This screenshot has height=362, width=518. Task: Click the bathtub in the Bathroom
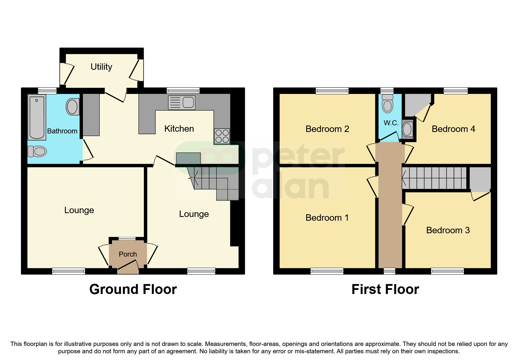click(37, 117)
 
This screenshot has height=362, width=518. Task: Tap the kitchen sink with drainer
click(182, 102)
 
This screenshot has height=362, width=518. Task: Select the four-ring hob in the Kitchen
click(222, 136)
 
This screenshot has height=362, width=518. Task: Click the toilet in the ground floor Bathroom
click(37, 151)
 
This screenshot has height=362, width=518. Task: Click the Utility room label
click(101, 67)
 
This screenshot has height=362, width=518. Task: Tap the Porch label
click(128, 254)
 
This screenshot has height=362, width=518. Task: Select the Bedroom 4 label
click(453, 129)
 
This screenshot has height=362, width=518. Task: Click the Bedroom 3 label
click(448, 230)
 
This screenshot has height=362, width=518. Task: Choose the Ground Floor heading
click(133, 289)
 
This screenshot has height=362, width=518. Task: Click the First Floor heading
click(385, 289)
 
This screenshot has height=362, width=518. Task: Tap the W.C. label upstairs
click(391, 123)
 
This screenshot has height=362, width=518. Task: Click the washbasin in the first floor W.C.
click(407, 129)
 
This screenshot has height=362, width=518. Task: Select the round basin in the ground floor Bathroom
click(72, 107)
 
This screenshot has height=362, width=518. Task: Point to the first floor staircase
click(434, 178)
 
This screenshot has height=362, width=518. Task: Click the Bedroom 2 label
click(327, 129)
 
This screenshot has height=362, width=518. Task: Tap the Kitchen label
click(179, 129)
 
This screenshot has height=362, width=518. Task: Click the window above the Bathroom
click(47, 90)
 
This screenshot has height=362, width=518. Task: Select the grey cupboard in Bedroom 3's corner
click(480, 179)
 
